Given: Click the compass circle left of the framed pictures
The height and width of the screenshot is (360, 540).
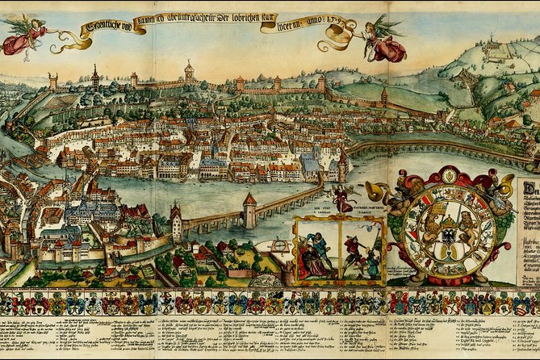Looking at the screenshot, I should pos(279,245).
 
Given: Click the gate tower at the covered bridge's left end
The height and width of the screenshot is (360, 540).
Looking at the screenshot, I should pos(176,222).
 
